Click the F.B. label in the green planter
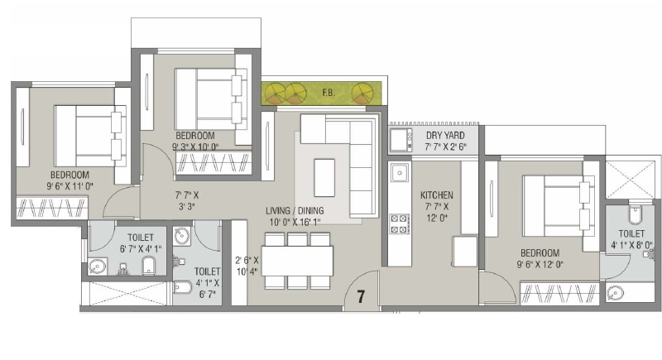(329, 93)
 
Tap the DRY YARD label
(445, 136)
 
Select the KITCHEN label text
(437, 195)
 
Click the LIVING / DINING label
(295, 210)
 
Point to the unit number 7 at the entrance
(361, 297)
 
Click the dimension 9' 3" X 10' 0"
(195, 146)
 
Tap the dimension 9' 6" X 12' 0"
(540, 265)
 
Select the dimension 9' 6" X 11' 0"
(70, 185)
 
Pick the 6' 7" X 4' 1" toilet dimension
(141, 249)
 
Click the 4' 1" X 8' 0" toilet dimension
(631, 245)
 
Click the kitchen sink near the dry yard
(399, 173)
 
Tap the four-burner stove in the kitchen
(399, 223)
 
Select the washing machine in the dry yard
(401, 140)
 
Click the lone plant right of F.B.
(362, 94)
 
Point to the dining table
(297, 261)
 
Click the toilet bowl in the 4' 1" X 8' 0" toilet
(635, 215)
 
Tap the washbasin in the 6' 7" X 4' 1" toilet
(98, 266)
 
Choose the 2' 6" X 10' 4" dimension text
(247, 266)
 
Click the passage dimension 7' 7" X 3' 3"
(187, 200)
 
